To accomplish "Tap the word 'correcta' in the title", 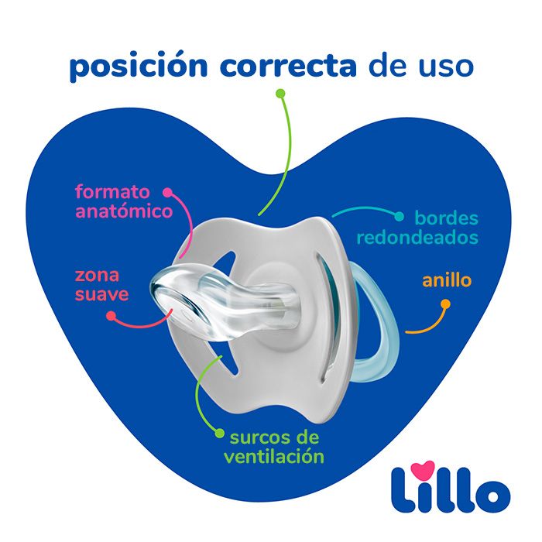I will (x=287, y=67).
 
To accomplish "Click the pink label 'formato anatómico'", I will (x=123, y=201).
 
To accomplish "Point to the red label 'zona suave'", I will (x=101, y=284).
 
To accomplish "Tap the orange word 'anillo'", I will (x=446, y=280).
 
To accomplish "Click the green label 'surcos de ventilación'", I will (x=274, y=444).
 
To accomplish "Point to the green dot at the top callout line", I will (x=280, y=93).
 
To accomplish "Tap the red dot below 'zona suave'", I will (x=111, y=316).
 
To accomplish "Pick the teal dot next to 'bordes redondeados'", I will (x=400, y=218).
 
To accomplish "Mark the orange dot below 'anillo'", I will (x=446, y=304).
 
